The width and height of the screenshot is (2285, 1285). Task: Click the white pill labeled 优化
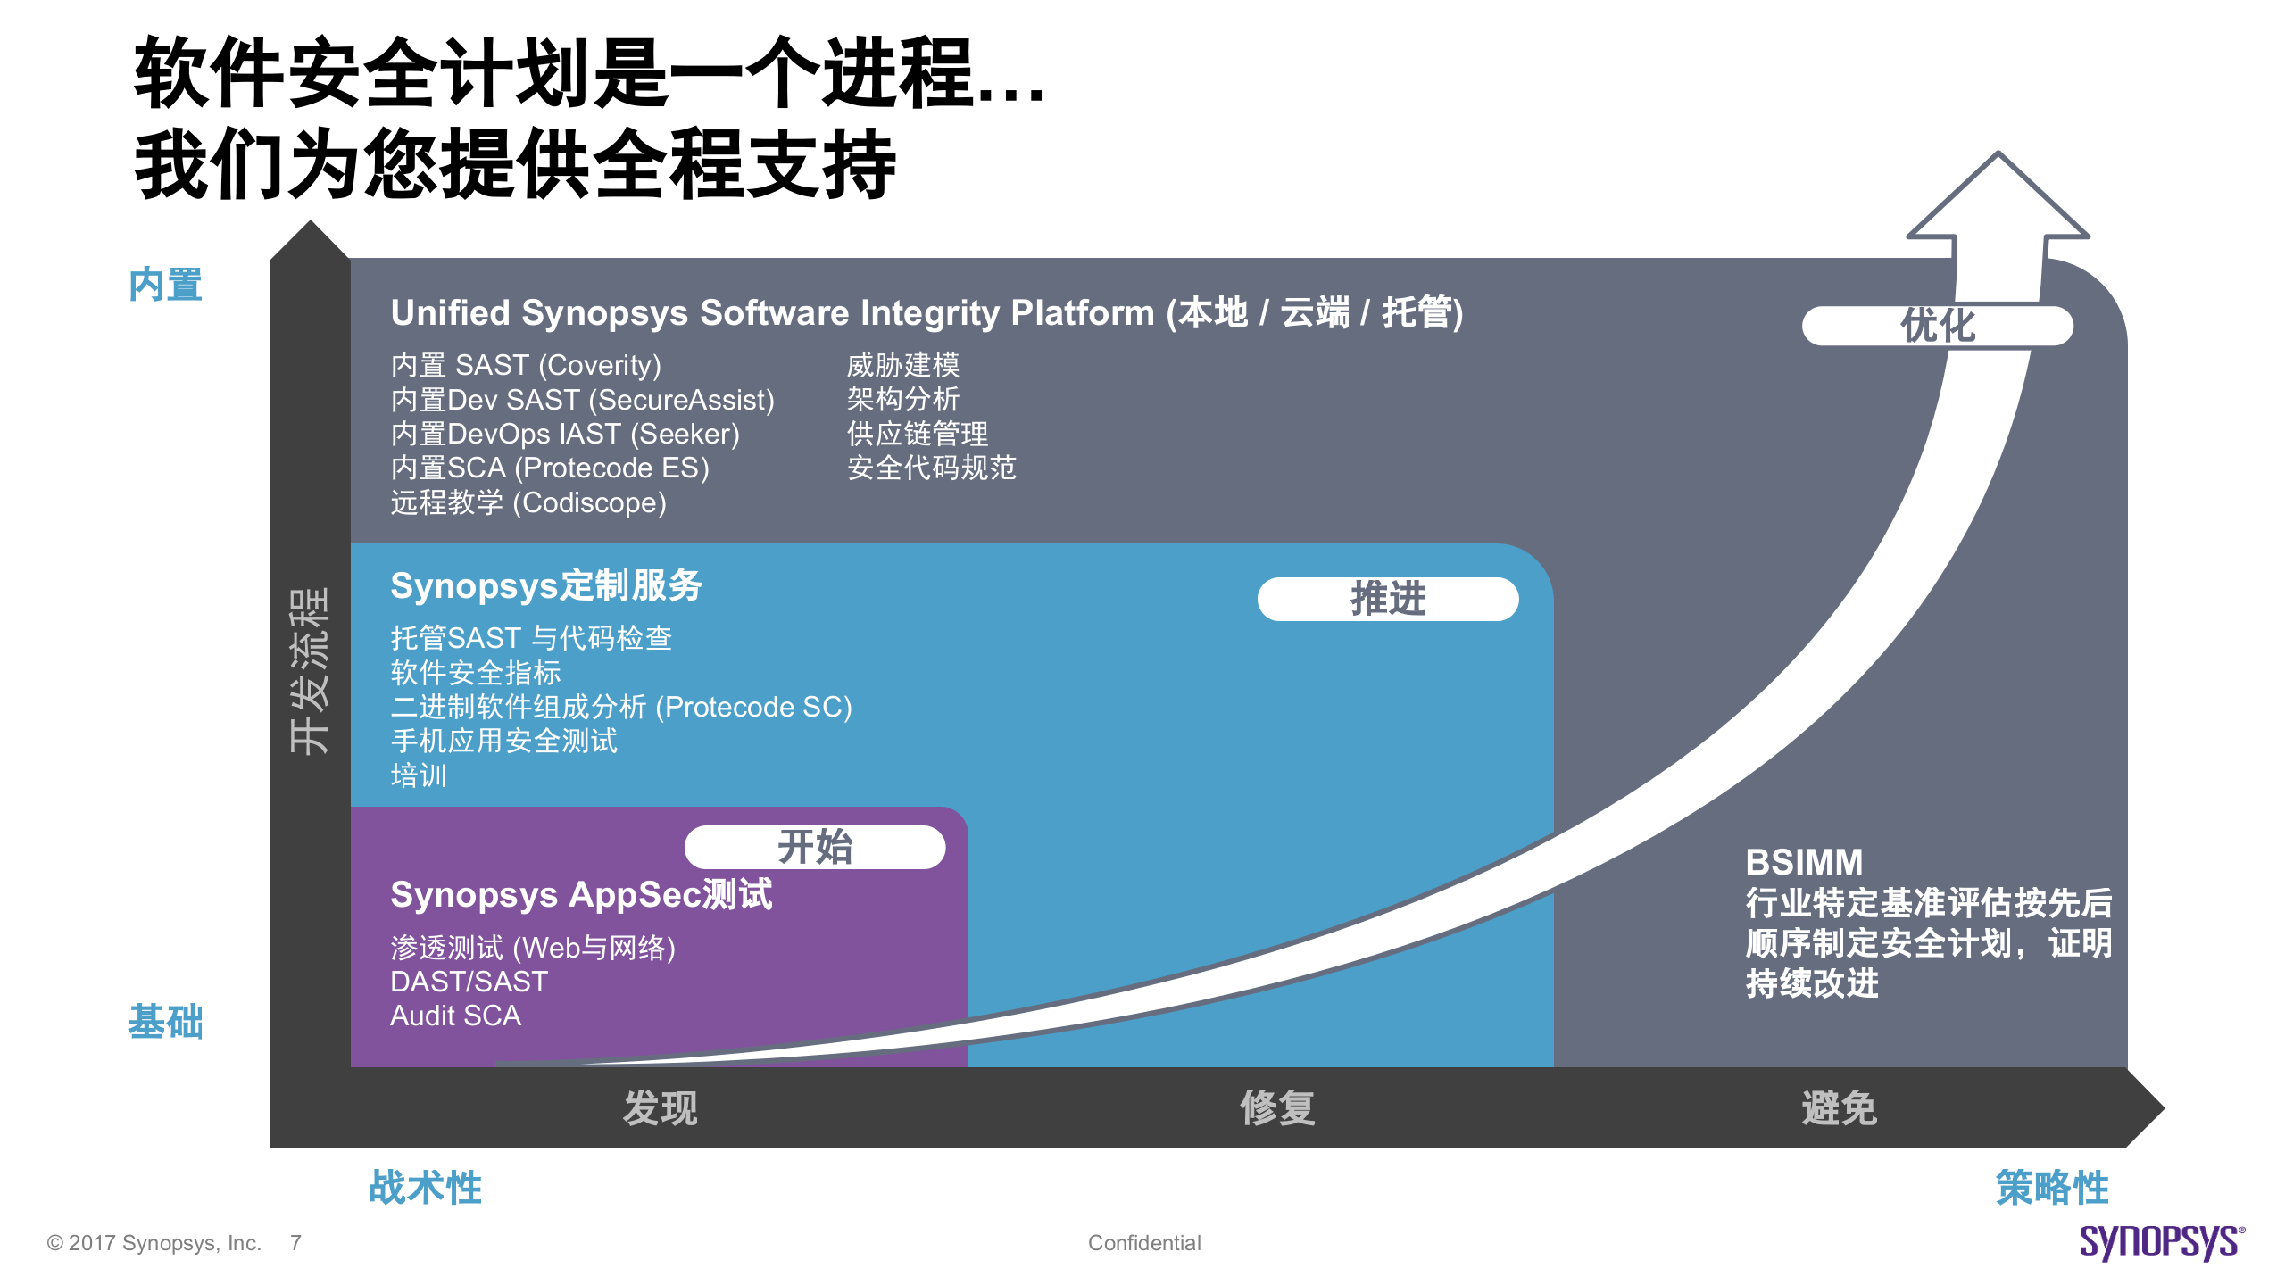(x=1937, y=326)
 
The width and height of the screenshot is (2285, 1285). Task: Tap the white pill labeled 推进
(x=1388, y=599)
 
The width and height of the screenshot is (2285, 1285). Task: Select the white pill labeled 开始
(x=815, y=847)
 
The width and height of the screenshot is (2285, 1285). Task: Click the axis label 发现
(x=661, y=1108)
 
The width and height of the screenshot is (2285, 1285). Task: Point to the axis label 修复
(x=1277, y=1108)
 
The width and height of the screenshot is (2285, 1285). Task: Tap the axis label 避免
(x=1839, y=1108)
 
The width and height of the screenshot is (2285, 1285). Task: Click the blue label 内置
(x=165, y=285)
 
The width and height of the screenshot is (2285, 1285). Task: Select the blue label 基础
(x=165, y=1022)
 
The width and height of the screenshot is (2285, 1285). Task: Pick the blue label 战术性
(x=425, y=1188)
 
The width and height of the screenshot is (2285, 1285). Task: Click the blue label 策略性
(x=2052, y=1188)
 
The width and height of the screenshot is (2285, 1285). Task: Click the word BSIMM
(x=1804, y=862)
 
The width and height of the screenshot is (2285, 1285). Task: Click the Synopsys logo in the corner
(x=2161, y=1242)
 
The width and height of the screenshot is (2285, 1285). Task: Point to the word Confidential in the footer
(x=1144, y=1243)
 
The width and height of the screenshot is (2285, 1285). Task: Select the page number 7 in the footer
(x=295, y=1243)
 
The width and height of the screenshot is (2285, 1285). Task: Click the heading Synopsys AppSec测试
(x=581, y=895)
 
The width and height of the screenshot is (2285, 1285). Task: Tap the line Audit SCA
(x=455, y=1016)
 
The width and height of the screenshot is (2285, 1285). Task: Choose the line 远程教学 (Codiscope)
(x=528, y=502)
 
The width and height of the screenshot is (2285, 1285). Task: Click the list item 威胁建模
(x=902, y=365)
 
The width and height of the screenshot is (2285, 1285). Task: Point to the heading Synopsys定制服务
(x=546, y=586)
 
